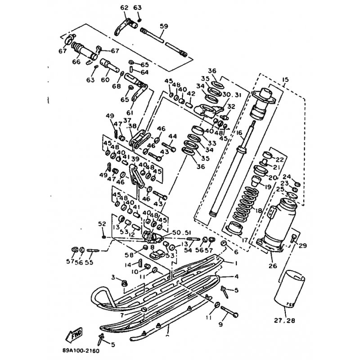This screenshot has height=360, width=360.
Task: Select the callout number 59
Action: point(163,27)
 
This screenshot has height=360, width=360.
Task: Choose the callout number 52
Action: point(102,224)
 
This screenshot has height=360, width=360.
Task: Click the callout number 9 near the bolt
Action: point(221,324)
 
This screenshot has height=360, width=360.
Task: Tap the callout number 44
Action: point(172,136)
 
